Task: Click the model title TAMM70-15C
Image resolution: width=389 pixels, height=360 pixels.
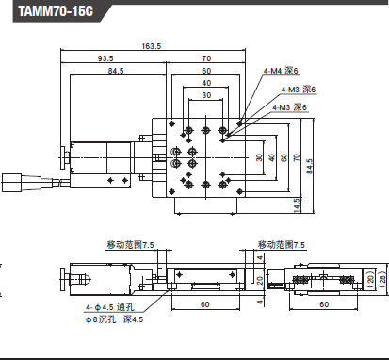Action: click(56, 11)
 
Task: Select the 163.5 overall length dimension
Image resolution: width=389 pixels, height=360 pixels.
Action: click(152, 46)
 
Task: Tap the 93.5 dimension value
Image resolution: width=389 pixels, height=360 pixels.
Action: click(105, 58)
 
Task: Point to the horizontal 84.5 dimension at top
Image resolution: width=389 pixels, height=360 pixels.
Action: click(116, 71)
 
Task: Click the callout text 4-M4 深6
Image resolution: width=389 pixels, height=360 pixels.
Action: click(281, 71)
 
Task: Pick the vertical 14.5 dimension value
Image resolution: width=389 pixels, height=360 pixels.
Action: click(297, 205)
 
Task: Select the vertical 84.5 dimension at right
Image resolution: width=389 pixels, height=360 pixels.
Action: click(310, 167)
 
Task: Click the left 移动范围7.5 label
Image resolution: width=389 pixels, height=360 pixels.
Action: click(131, 245)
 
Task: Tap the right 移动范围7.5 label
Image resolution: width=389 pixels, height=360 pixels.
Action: click(282, 245)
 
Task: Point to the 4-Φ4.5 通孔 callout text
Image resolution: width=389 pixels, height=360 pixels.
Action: click(110, 307)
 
